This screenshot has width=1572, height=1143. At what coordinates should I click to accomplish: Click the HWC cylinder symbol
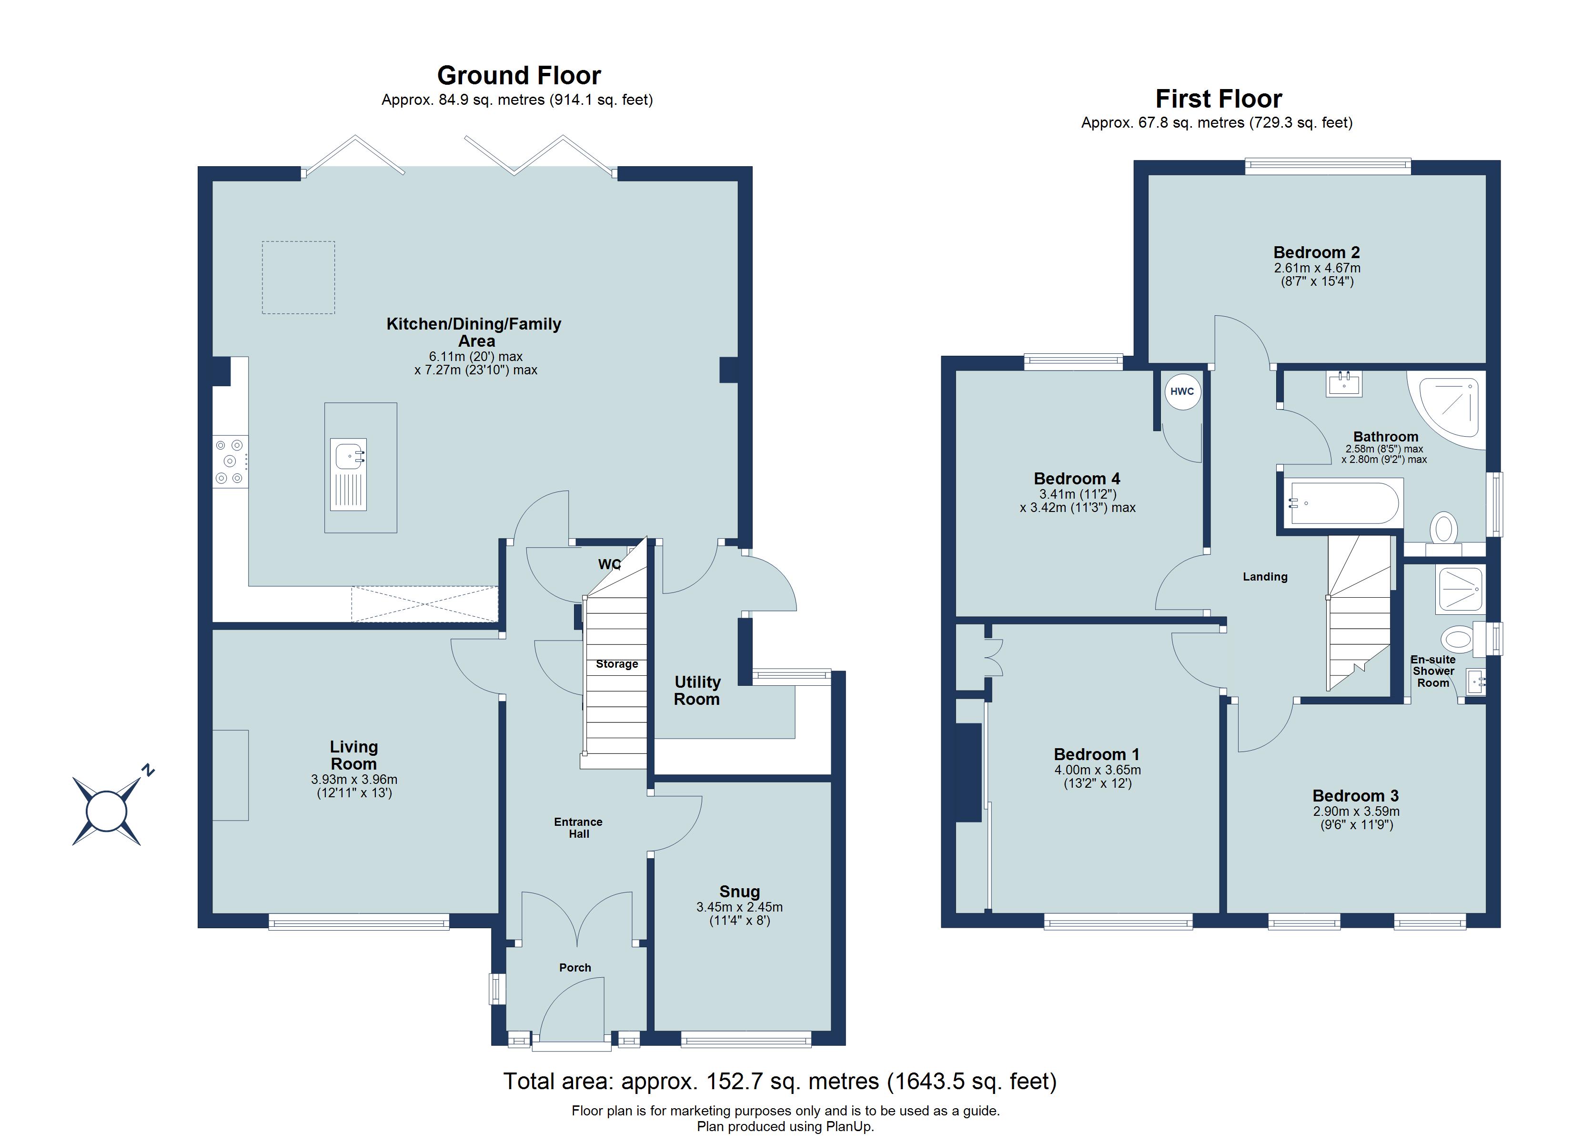1182,391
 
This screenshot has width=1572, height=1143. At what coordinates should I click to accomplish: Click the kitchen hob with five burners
230,461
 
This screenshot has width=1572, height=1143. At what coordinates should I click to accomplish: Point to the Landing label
1264,577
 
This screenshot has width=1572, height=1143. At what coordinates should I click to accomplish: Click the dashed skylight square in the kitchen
298,277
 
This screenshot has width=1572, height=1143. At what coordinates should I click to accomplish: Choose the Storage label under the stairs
616,664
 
